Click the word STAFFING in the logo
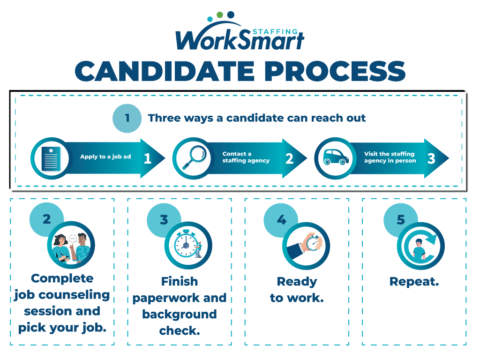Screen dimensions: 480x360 point(275,31)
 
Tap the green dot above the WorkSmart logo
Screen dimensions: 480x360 point(219,15)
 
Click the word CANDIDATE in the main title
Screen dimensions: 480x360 point(165,71)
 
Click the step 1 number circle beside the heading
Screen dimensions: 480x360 point(127,118)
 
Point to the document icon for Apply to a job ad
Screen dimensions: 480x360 point(51,158)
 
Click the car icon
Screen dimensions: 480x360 point(336,157)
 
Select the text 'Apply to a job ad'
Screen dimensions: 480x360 point(105,157)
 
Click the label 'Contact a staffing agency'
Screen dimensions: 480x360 point(246,157)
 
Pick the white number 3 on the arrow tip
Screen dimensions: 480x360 point(431,158)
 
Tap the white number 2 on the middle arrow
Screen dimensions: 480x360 point(289,158)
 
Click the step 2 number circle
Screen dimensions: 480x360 point(46,219)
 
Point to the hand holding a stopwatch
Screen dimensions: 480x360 point(306,246)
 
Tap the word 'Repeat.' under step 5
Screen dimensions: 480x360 point(414,282)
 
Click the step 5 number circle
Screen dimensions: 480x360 point(401,220)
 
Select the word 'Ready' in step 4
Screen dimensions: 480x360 point(297,282)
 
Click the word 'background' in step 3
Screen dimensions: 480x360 point(180,315)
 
